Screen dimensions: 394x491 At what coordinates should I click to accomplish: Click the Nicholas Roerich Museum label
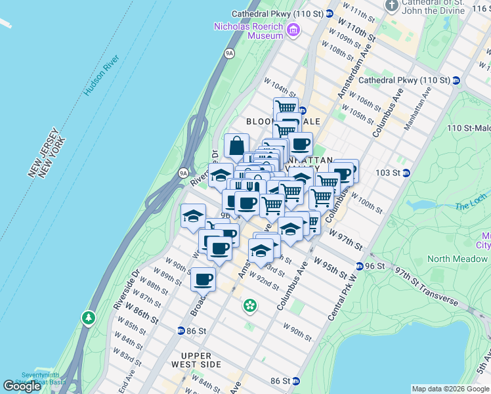point(247,31)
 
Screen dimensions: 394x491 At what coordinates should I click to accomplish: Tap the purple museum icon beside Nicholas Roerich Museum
point(293,30)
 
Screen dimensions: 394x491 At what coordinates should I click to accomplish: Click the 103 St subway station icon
point(406,173)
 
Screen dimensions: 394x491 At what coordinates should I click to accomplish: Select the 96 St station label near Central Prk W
point(375,266)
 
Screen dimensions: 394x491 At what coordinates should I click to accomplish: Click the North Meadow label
point(457,259)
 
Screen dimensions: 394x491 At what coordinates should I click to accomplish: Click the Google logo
point(22,386)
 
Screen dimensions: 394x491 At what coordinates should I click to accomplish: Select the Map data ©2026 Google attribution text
point(450,389)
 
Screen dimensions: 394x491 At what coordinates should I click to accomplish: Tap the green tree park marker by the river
point(89,318)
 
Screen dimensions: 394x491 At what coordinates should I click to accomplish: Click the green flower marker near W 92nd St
point(250,305)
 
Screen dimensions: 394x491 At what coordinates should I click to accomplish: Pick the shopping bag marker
point(236,146)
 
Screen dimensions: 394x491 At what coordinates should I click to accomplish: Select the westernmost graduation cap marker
point(194,215)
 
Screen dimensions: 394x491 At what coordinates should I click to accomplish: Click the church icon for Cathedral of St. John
point(393,6)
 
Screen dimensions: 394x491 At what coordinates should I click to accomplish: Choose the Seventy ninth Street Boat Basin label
point(25,378)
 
